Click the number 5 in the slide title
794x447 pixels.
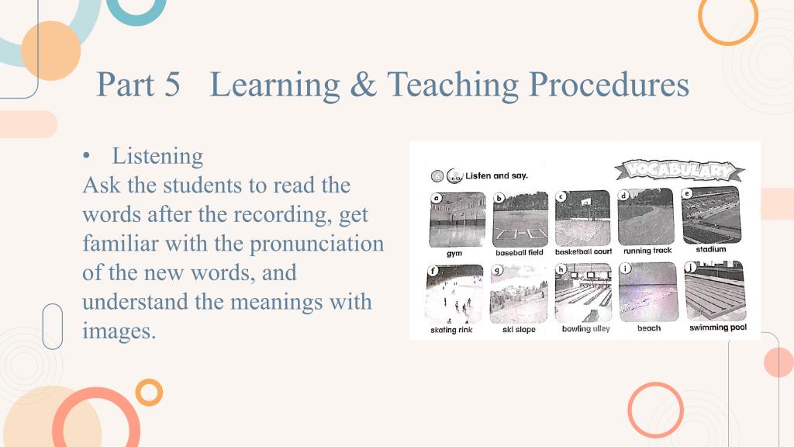[172, 84]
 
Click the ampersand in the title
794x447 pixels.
[364, 84]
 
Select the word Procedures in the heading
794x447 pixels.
[609, 84]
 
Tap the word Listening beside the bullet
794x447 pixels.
[157, 156]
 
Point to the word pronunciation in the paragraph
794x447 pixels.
[317, 244]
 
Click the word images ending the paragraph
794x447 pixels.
[119, 331]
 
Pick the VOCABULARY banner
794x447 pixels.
[679, 170]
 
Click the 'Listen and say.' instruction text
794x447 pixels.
[496, 176]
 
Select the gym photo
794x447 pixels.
[457, 220]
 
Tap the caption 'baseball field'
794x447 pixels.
[519, 252]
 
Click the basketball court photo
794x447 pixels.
[583, 218]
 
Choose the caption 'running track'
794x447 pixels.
[647, 251]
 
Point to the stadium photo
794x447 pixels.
[711, 215]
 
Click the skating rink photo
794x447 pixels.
[454, 294]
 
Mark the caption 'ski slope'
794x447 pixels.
[519, 329]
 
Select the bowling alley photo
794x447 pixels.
[583, 293]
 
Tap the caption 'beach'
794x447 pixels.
[649, 328]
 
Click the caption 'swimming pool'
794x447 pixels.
[717, 327]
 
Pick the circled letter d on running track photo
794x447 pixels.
[624, 196]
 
